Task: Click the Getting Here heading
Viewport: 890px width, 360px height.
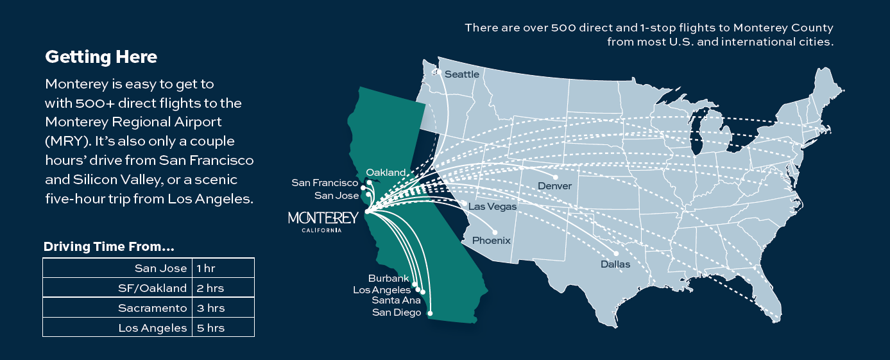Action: [x=101, y=57]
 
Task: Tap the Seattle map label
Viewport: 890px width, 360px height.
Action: [x=462, y=74]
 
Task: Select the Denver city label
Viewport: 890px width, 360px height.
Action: [x=554, y=186]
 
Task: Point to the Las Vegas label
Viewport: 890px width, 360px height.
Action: [x=492, y=207]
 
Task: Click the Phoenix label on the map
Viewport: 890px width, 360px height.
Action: [x=492, y=241]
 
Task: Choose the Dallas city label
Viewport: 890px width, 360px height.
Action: [x=615, y=264]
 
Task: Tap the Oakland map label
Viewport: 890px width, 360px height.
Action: [x=386, y=172]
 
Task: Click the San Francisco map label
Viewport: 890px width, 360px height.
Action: [x=325, y=183]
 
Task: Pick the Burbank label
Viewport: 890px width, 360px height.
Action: [x=389, y=279]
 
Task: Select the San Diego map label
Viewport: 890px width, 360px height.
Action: [x=397, y=313]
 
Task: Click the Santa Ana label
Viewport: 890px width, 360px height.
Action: [x=397, y=300]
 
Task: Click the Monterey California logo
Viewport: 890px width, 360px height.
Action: [x=323, y=220]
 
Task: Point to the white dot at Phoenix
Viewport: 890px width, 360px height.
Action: [x=495, y=232]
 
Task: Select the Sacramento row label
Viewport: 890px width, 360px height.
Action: [x=152, y=308]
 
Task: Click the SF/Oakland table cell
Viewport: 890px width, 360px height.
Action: [x=152, y=288]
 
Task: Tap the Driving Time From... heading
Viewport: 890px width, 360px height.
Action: [x=109, y=247]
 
